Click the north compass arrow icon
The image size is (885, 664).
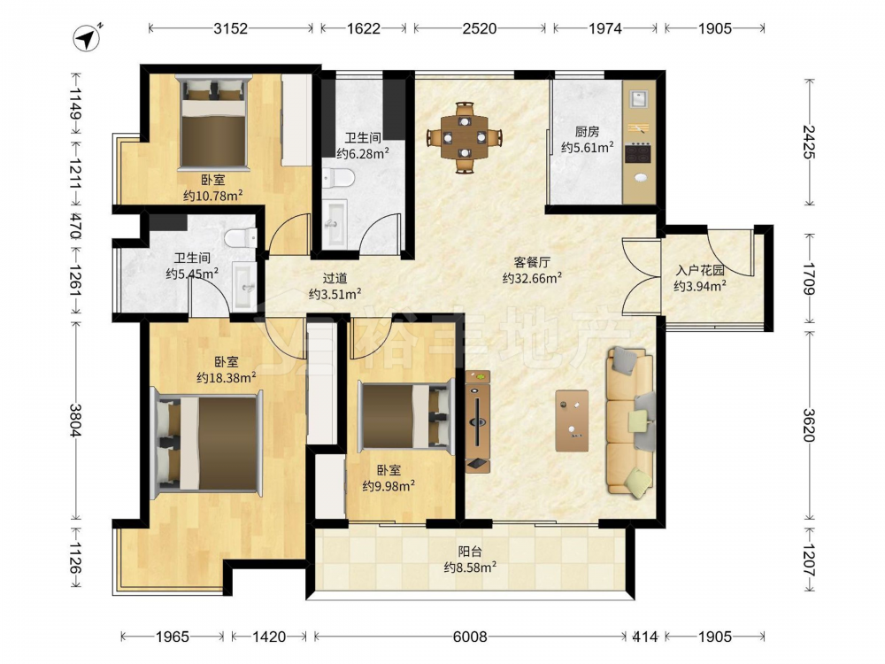click(88, 38)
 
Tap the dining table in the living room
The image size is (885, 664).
click(465, 136)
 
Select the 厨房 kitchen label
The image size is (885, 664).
click(587, 132)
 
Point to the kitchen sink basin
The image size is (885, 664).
click(639, 99)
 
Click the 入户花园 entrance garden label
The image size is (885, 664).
click(700, 270)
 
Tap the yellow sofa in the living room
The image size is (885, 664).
click(631, 421)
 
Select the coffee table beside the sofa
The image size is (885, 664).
click(572, 421)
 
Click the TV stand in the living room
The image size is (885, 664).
click(478, 421)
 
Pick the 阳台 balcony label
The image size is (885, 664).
click(470, 552)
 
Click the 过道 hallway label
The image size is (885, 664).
click(335, 278)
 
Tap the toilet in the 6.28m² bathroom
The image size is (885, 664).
click(339, 179)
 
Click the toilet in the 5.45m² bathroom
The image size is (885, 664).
click(241, 237)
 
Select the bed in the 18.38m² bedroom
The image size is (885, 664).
click(208, 444)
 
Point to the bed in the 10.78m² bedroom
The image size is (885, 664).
click(214, 124)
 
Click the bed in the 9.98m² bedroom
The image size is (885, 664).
click(406, 416)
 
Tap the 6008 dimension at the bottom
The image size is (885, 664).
click(470, 637)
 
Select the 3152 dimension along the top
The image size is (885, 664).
click(230, 28)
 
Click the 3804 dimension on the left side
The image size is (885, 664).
click(75, 420)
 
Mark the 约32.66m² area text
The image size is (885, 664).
click(532, 278)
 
